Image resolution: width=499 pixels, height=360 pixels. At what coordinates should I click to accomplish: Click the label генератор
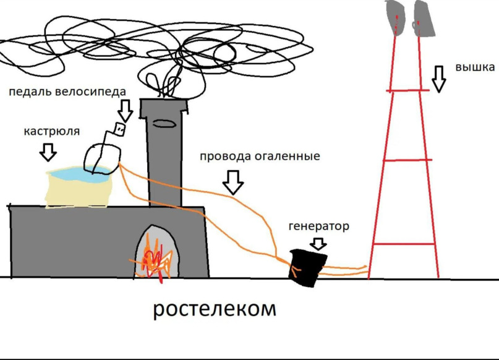click(318, 226)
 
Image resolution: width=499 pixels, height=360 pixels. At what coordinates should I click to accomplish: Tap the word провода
click(225, 156)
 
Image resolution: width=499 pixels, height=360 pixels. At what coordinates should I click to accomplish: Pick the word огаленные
click(288, 156)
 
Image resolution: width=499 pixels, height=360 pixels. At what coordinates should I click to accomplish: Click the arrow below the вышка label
click(438, 79)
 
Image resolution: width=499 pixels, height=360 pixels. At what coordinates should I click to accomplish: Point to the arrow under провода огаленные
click(233, 182)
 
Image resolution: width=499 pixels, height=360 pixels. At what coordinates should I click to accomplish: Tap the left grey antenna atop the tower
click(395, 17)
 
